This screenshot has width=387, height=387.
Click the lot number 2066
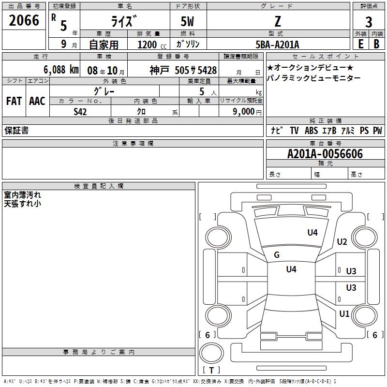pos(24,21)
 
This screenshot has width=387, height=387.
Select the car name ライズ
pos(125,21)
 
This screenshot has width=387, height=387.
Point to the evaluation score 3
pos(369,21)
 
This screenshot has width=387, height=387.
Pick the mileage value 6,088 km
pos(60,70)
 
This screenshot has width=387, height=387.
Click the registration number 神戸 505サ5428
pos(183,70)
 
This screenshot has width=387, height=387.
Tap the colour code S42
pos(80,111)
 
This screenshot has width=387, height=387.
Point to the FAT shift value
pos(14,101)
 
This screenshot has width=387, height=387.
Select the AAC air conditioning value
pos(37,101)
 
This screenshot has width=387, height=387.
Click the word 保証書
pos(16,131)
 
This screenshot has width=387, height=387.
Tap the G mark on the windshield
pos(277,255)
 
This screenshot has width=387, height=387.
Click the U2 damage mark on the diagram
pos(342,242)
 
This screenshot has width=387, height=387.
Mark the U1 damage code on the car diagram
pos(344,313)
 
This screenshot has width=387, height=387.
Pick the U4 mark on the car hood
pos(313,233)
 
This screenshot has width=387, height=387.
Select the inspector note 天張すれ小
pos(22,204)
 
